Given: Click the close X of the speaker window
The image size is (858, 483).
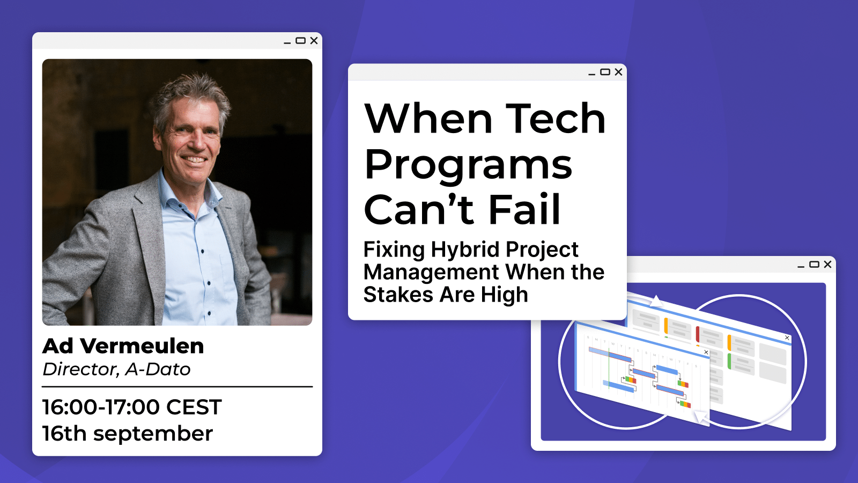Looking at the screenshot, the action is [x=314, y=41].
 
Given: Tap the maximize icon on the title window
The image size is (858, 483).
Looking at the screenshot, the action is [x=605, y=72].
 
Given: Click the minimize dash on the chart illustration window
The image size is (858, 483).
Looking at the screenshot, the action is [x=801, y=267].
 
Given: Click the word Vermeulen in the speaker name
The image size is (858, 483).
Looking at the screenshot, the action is [x=142, y=346].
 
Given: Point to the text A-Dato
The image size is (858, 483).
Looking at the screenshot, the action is [x=158, y=370].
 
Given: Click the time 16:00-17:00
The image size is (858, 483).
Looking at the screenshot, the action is [x=101, y=407].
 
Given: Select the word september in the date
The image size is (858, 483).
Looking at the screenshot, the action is [x=153, y=434].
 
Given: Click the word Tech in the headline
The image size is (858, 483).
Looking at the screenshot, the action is [x=556, y=119].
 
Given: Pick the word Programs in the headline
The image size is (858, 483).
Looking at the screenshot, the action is [x=468, y=165].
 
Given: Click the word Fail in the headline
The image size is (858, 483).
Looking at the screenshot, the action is [x=525, y=209].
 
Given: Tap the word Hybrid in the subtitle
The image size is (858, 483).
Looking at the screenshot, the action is [x=465, y=250].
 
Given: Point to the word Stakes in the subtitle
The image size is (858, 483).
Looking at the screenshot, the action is [x=398, y=295].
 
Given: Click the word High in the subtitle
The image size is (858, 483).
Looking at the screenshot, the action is [x=504, y=295].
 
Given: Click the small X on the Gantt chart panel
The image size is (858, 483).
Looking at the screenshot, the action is [x=706, y=352].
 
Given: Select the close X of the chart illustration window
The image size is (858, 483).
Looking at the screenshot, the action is [x=827, y=264].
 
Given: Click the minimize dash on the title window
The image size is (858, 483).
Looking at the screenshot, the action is [x=591, y=75].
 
